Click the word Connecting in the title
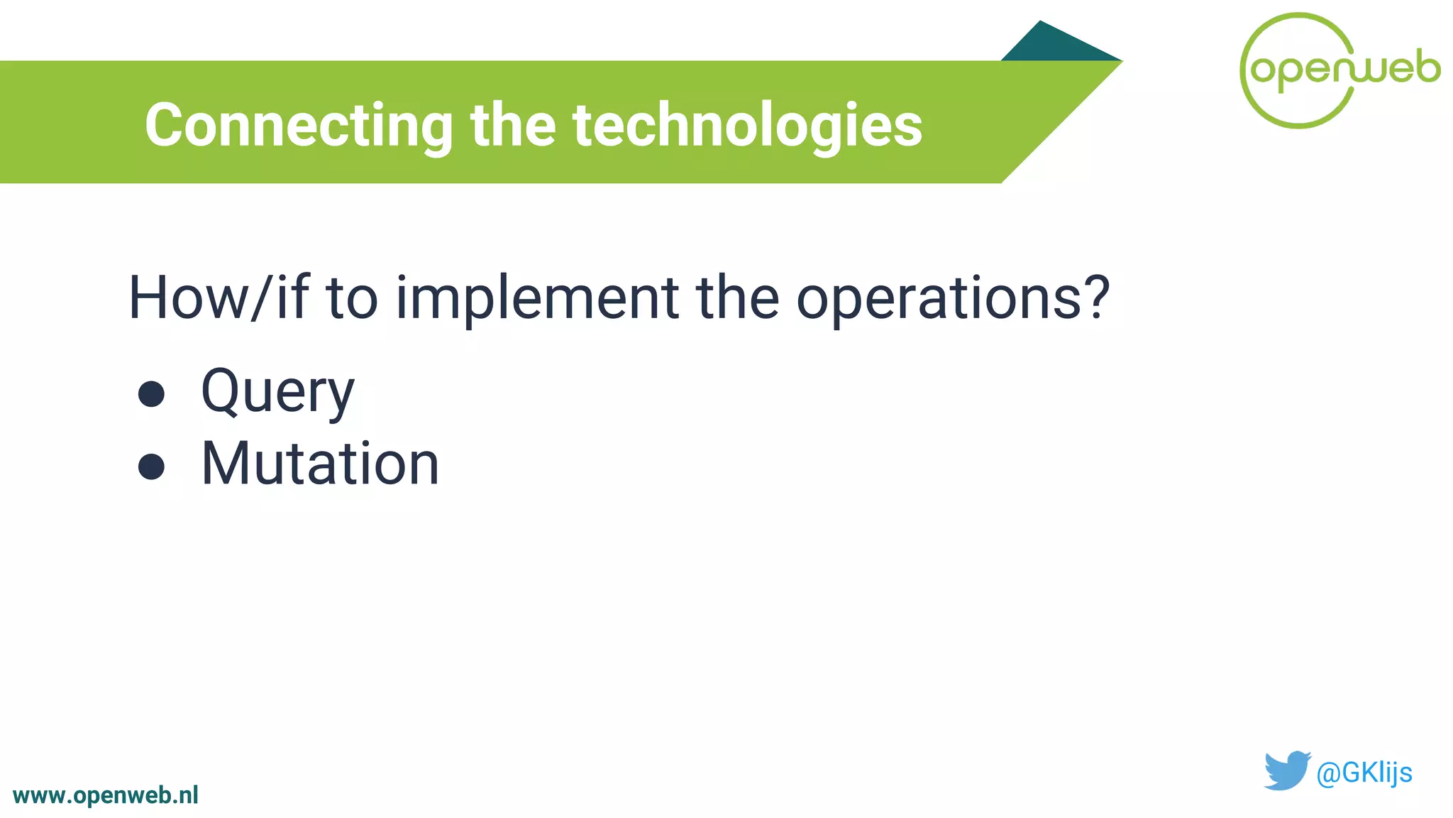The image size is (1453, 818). point(298,126)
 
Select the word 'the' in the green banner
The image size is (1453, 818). point(512,126)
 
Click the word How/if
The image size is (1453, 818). point(217,298)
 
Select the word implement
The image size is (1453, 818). point(537,298)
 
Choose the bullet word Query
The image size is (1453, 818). point(277,392)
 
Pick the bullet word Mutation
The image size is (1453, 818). point(320,464)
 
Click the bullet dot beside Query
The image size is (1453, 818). point(151,394)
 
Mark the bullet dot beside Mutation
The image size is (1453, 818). point(151,467)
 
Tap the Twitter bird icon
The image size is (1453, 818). point(1286,770)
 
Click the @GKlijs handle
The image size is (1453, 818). point(1364,773)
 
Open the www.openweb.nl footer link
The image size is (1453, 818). point(106,795)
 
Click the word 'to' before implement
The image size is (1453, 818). point(351,298)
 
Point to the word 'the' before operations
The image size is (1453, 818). point(737,298)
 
